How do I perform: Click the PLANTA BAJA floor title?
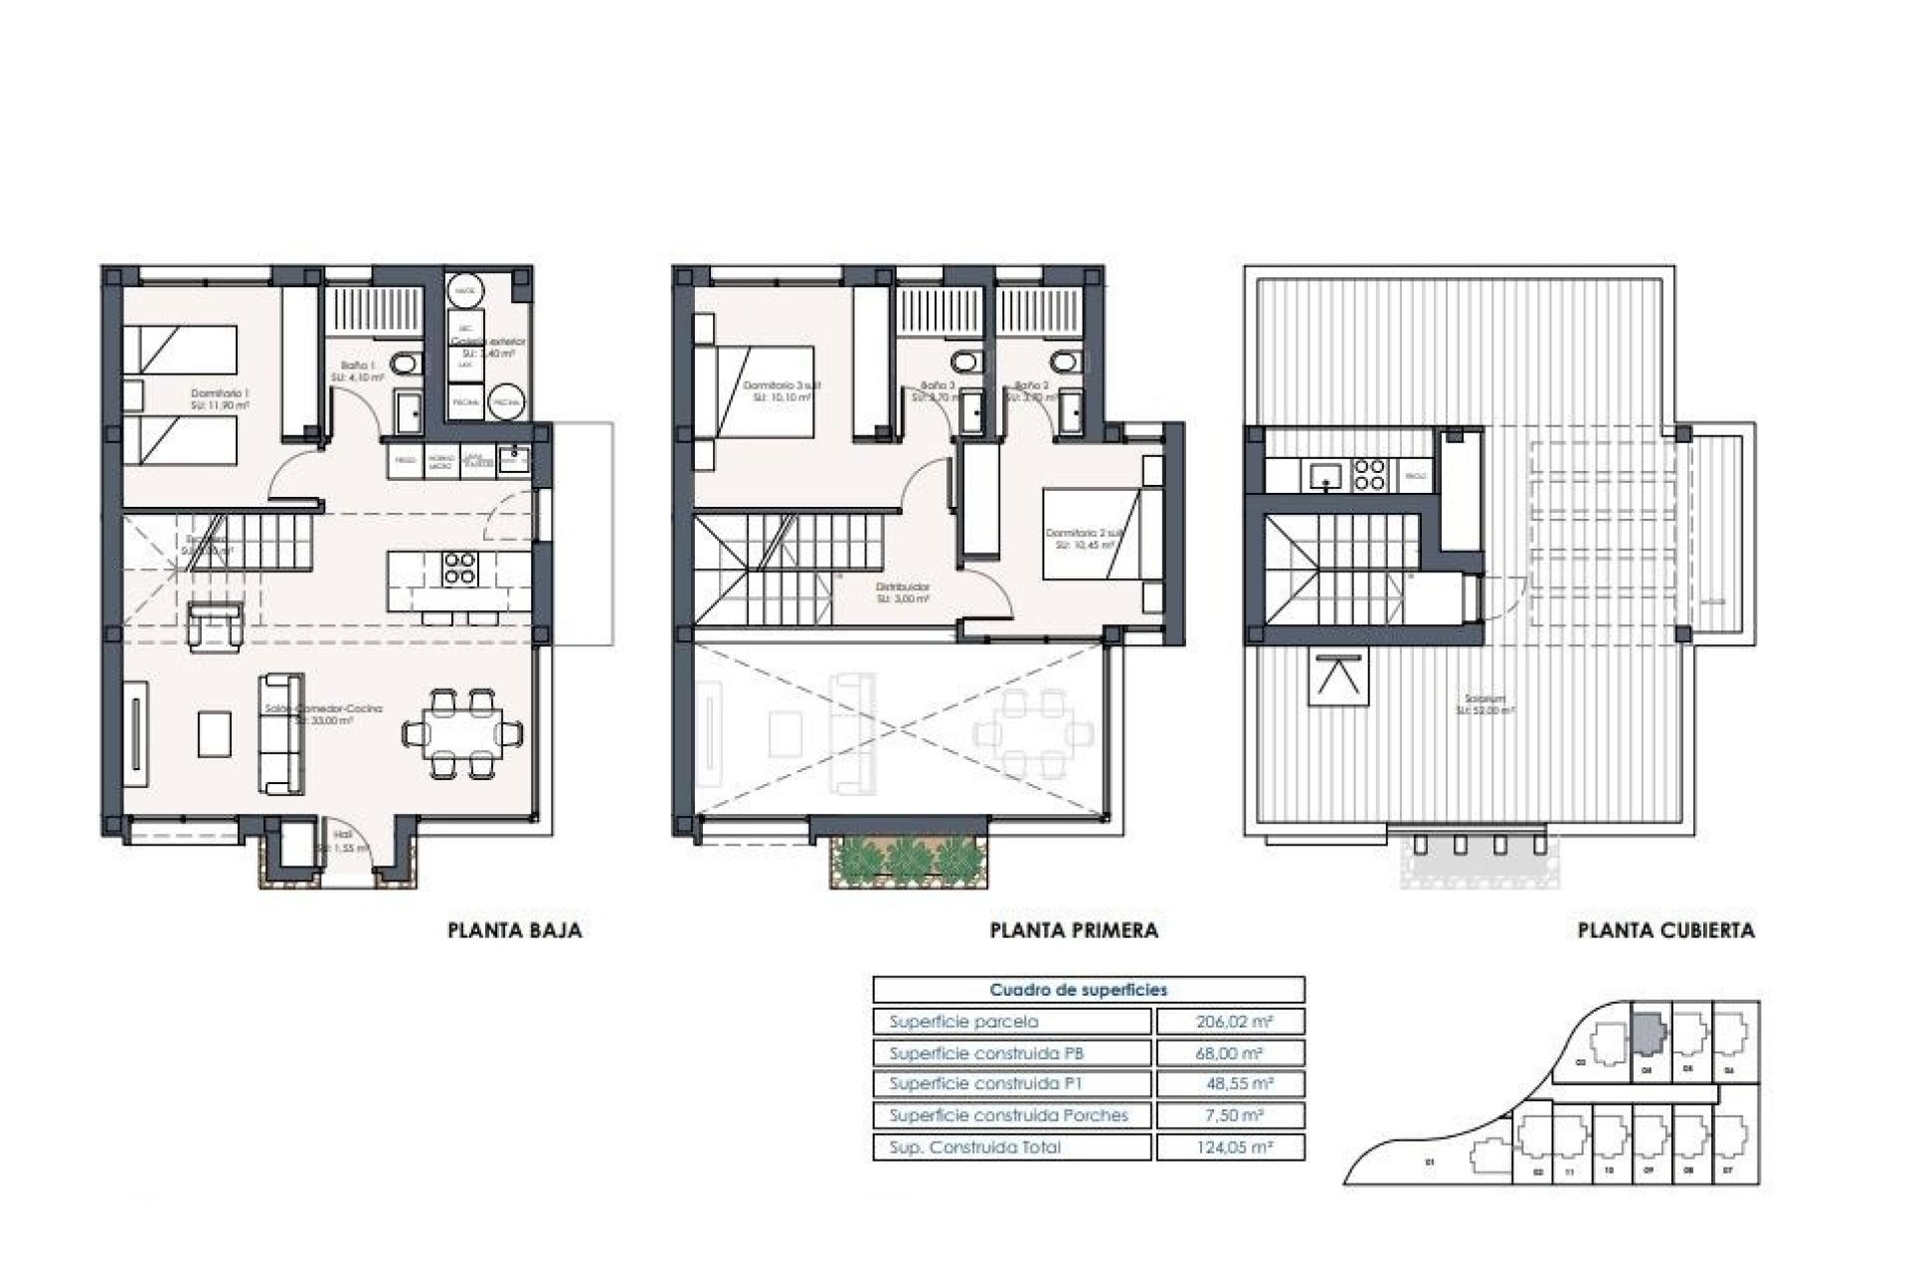[x=514, y=931]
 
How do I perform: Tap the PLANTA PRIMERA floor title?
[x=1074, y=931]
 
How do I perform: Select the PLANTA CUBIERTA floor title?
[x=1665, y=931]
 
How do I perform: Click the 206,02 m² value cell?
[x=1229, y=1022]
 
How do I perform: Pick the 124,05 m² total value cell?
[x=1229, y=1147]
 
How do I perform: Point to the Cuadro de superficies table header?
[x=1088, y=990]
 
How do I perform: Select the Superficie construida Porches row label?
[x=1008, y=1115]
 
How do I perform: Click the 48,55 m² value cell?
[x=1229, y=1084]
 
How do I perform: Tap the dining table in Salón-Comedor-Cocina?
[x=463, y=734]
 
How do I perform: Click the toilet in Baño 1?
[x=404, y=366]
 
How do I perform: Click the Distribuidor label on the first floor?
[x=903, y=593]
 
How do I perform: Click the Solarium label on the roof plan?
[x=1484, y=705]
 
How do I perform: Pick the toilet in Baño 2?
[x=1062, y=360]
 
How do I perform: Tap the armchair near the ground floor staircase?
[x=215, y=627]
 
